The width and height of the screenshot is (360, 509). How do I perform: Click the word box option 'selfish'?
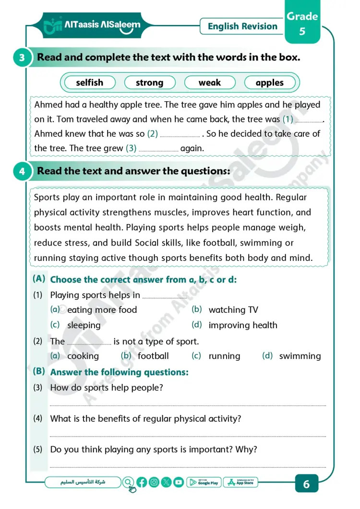coord(90,83)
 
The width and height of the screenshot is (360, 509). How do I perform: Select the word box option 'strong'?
coord(150,83)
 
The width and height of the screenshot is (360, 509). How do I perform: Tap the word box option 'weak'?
coord(210,83)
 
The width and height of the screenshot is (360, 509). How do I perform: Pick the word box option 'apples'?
coord(270,83)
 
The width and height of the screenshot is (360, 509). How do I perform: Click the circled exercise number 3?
coord(22,58)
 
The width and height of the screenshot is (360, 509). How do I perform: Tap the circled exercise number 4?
coord(22,171)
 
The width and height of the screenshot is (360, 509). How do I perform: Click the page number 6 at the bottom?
coord(307,484)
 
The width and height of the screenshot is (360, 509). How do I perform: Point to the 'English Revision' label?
coord(242,26)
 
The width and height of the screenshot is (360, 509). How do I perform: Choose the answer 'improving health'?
coord(243,325)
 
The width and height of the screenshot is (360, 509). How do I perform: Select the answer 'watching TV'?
coord(233,310)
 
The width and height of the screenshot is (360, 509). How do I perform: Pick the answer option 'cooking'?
coord(83,356)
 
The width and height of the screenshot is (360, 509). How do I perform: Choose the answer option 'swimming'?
coord(300,356)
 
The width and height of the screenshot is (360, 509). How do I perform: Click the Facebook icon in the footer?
coord(142,483)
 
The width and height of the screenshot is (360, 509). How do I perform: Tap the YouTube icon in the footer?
coord(179,483)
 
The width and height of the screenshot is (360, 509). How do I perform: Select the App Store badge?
coord(241,483)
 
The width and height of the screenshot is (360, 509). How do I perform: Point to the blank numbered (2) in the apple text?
coord(180,134)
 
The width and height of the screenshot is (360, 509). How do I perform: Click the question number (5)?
coord(38,450)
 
